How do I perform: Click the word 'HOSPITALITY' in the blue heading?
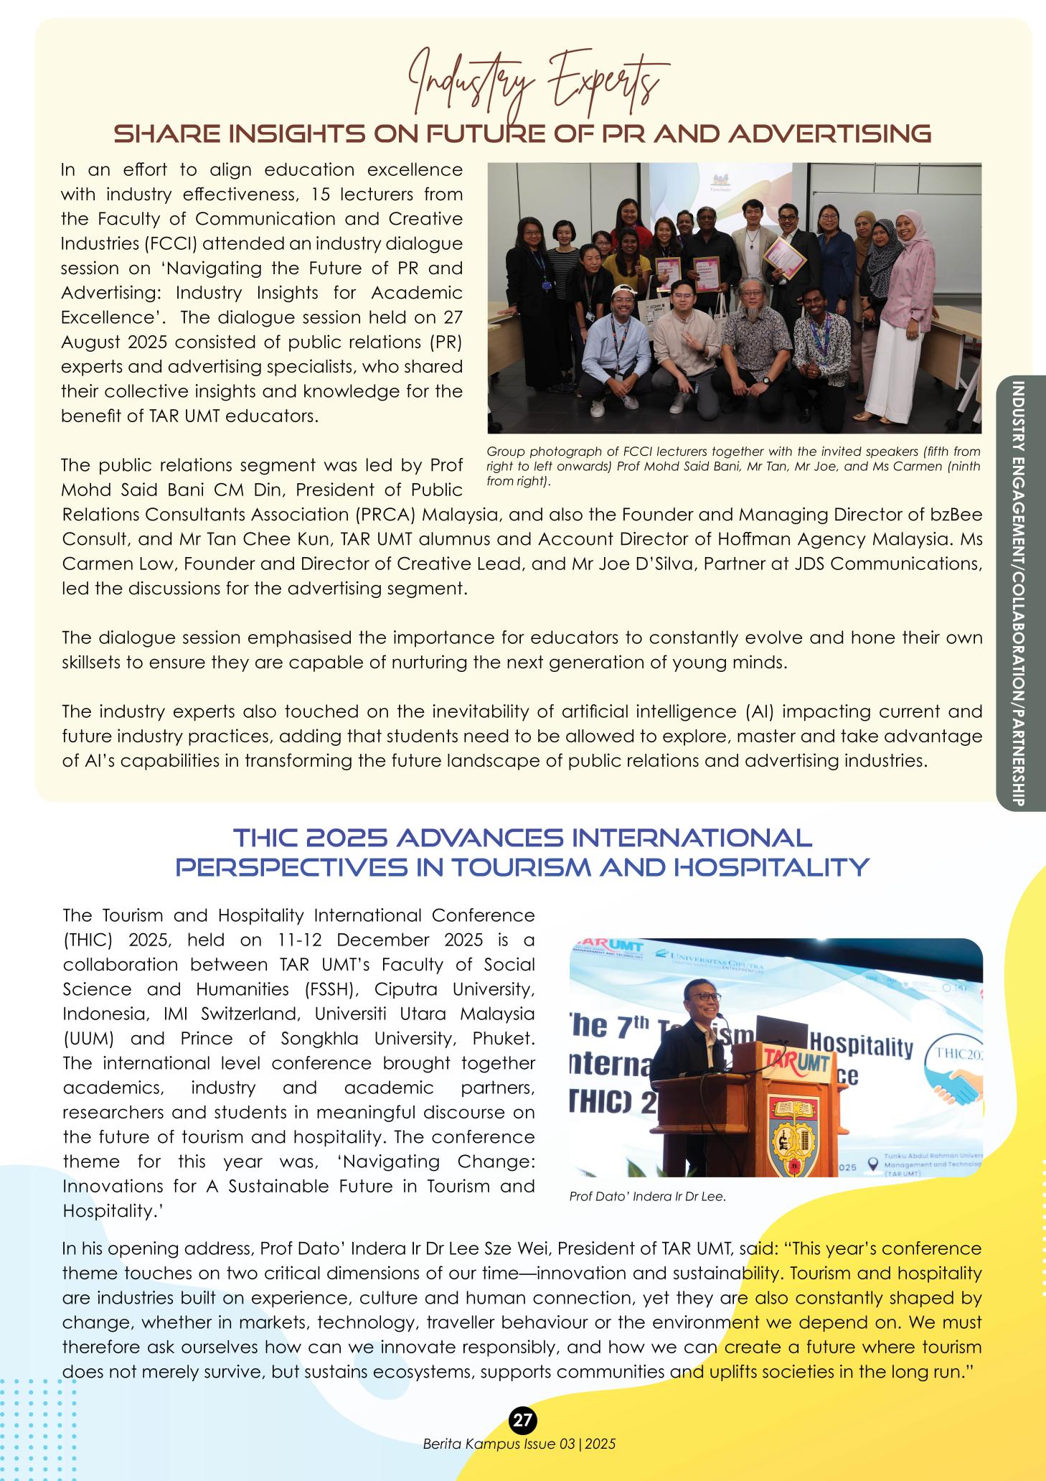787,867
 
